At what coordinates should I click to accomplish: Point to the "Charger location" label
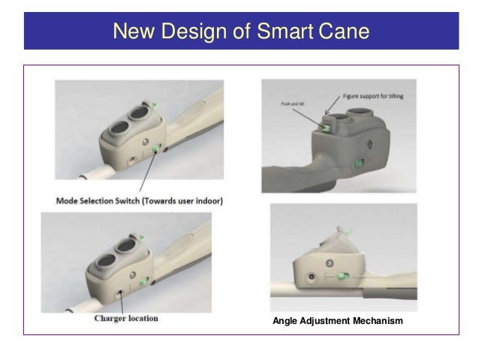pyautogui.click(x=125, y=317)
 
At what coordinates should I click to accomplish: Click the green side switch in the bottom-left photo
pyautogui.click(x=146, y=283)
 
